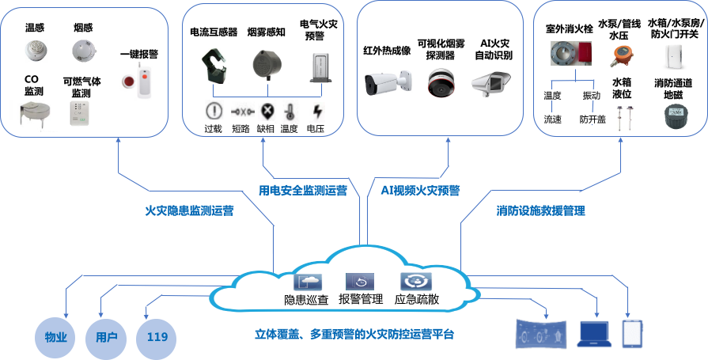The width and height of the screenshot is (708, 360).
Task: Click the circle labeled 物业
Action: (55, 337)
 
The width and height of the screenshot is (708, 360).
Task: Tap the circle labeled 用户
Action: (106, 337)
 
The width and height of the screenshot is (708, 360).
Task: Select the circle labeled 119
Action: (157, 337)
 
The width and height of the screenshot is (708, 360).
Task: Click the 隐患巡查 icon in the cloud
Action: (308, 282)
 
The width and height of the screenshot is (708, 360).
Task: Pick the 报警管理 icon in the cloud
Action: (360, 282)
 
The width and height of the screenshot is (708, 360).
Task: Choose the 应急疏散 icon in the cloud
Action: (415, 282)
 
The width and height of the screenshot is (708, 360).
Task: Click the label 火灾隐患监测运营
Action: (189, 211)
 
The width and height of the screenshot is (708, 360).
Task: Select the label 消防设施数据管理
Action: (541, 211)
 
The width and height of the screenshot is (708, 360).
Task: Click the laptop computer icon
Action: (594, 334)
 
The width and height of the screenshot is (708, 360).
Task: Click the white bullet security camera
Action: (388, 82)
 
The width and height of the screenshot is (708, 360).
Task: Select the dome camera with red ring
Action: (441, 82)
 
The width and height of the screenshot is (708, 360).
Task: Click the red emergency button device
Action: (138, 79)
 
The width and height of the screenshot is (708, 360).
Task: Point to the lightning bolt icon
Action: (317, 111)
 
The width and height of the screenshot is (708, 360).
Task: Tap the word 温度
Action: (552, 95)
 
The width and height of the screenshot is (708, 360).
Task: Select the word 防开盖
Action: (592, 119)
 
